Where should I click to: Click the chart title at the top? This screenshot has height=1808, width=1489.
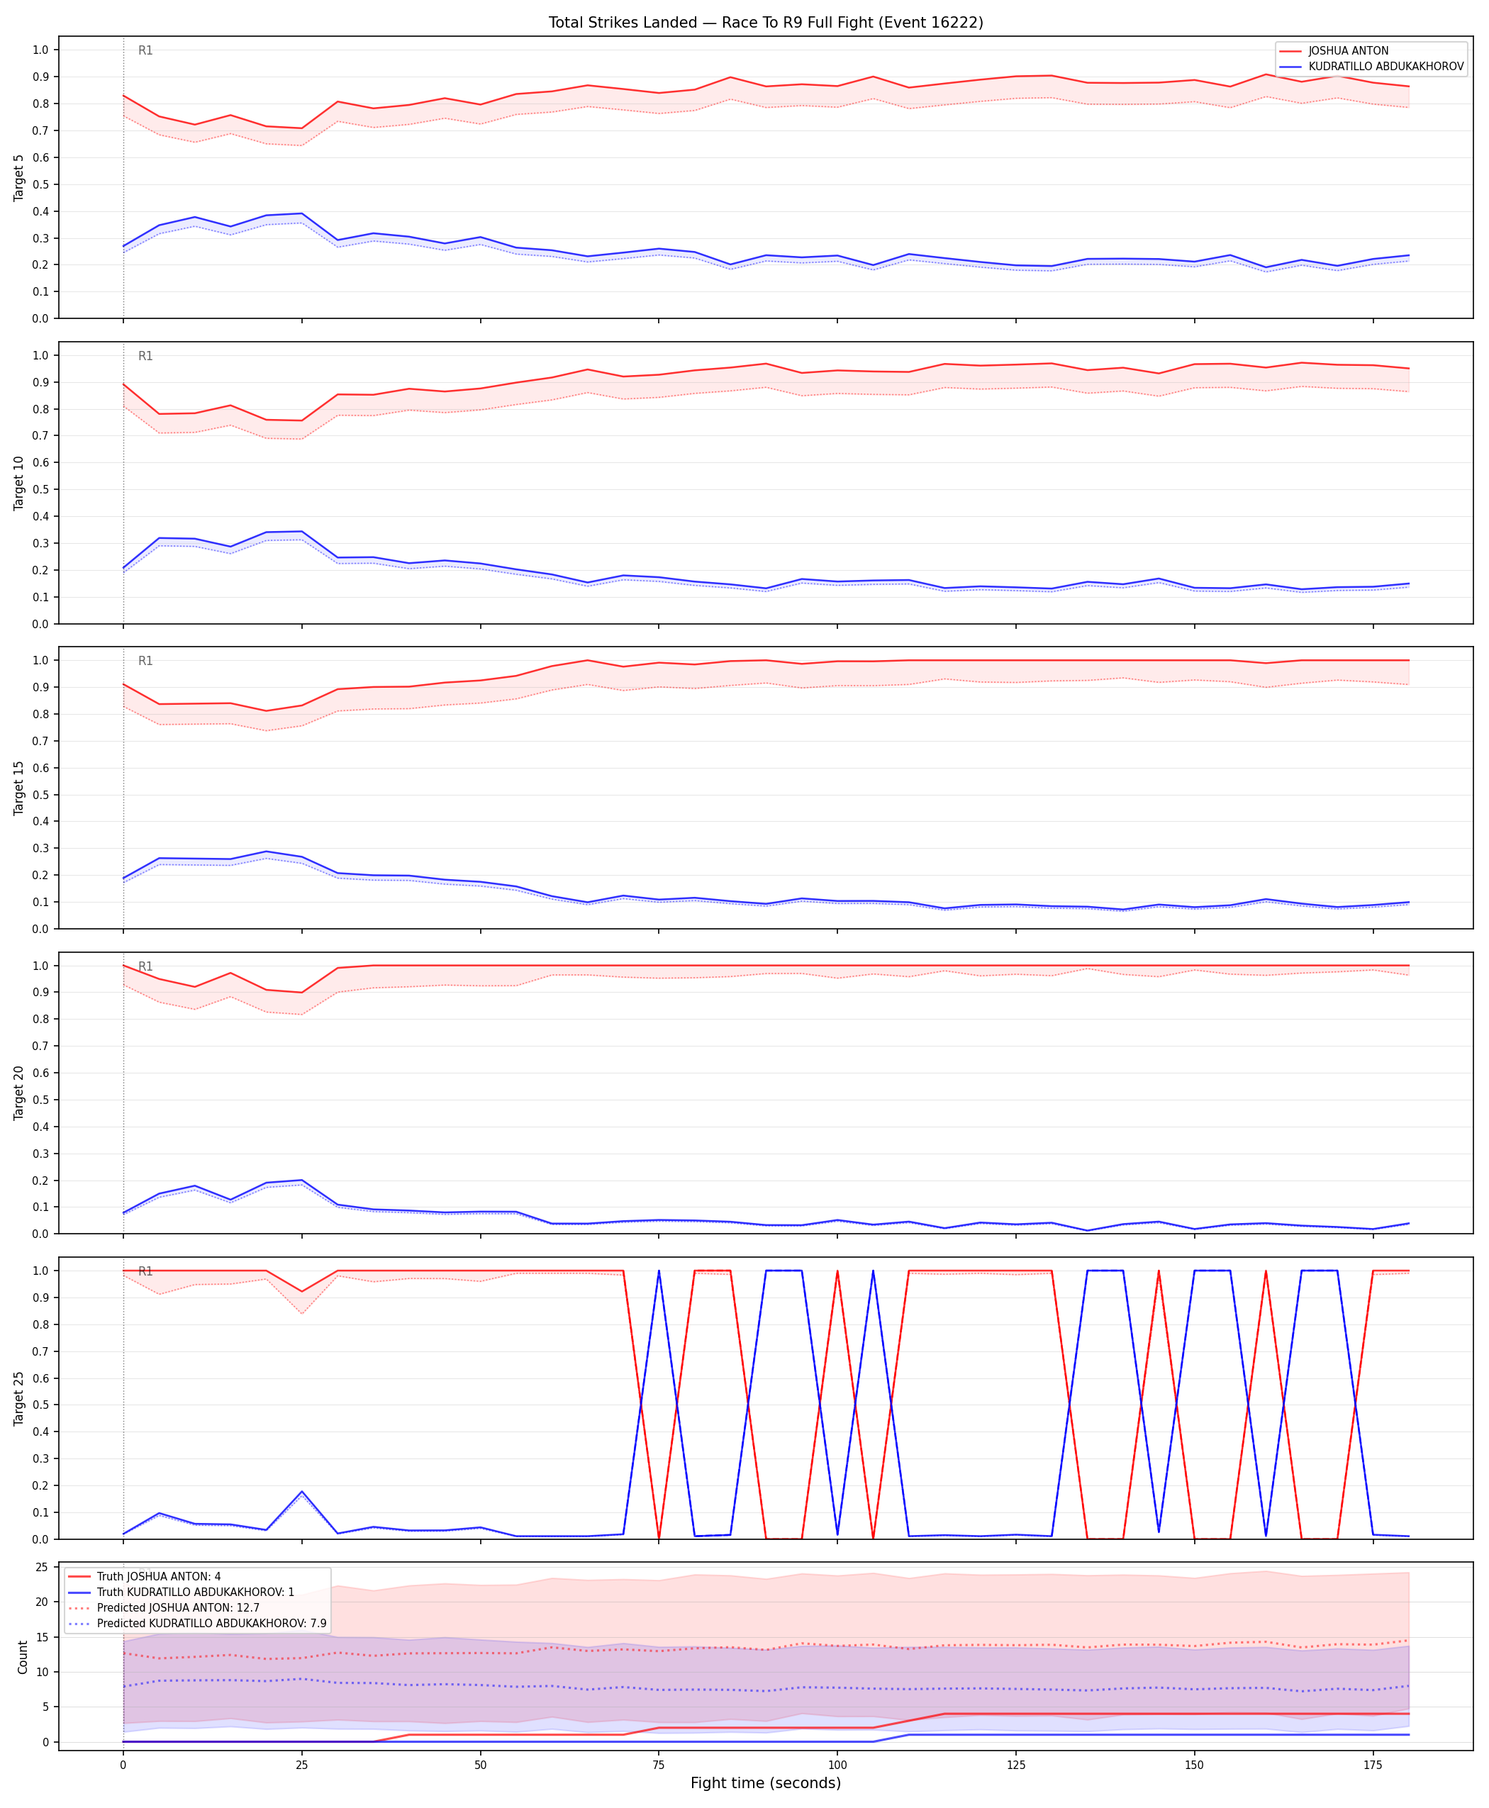766,22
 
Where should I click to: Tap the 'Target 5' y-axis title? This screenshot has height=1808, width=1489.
19,177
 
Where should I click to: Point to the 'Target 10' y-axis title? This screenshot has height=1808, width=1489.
19,483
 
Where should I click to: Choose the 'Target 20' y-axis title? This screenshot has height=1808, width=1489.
19,1093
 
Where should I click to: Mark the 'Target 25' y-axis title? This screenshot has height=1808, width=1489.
19,1398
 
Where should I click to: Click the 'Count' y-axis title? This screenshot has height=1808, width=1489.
22,1657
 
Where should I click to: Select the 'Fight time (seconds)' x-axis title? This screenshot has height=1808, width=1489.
766,1783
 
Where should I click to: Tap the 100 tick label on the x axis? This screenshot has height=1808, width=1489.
837,1765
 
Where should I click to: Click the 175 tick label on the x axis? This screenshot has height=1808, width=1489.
1373,1765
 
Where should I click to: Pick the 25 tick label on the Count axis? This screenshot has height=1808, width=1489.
41,1567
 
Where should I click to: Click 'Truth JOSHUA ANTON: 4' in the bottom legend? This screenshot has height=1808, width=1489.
159,1576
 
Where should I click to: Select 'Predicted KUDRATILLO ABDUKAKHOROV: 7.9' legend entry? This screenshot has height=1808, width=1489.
212,1624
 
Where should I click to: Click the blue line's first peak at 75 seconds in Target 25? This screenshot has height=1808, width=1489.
659,1271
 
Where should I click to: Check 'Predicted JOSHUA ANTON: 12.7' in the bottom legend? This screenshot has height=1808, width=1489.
179,1608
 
